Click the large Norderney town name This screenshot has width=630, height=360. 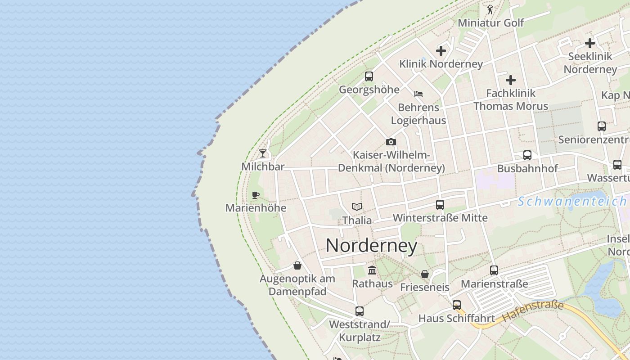[371, 246]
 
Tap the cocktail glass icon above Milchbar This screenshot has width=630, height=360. [263, 153]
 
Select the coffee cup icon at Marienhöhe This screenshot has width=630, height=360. [256, 195]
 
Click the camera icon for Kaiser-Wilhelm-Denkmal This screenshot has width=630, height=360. [391, 142]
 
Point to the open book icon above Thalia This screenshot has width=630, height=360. [357, 207]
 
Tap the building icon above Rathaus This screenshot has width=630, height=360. [372, 270]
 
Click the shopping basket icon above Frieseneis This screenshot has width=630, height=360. [424, 274]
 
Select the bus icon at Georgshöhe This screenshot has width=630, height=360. [369, 76]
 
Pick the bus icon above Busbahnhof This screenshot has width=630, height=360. [527, 155]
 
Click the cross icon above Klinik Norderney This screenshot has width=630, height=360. [441, 50]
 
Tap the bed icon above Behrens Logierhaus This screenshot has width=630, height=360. [418, 94]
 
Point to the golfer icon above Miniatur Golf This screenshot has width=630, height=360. [490, 9]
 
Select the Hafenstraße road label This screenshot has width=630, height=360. [533, 311]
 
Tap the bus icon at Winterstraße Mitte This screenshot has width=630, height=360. [440, 205]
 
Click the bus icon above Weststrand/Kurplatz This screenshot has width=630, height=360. [359, 311]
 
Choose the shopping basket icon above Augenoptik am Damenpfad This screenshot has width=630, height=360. [297, 265]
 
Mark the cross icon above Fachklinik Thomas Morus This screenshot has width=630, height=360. [511, 80]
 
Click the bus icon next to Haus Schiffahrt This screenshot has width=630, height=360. [457, 305]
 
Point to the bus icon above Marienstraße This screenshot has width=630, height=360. [494, 270]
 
